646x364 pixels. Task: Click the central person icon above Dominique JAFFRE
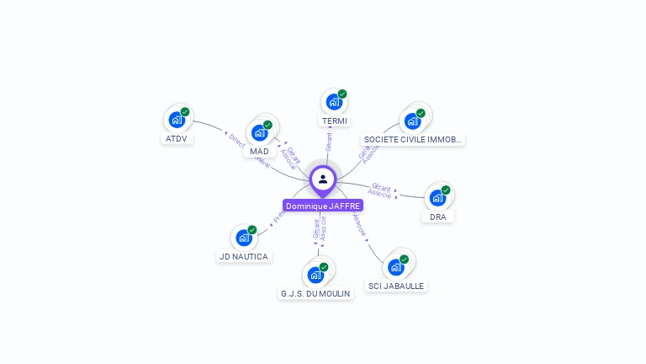click(323, 179)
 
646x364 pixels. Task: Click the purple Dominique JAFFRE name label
click(323, 206)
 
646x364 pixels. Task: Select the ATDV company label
click(177, 138)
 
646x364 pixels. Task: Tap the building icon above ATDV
click(177, 120)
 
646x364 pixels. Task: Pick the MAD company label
click(259, 151)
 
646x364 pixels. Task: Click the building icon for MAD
click(259, 132)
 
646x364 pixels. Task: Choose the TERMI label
click(335, 121)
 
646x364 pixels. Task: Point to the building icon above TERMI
click(334, 103)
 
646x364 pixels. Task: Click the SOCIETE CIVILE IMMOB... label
click(412, 139)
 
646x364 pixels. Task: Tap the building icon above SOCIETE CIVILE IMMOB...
click(412, 120)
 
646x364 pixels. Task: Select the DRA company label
click(437, 217)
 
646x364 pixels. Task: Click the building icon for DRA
click(437, 198)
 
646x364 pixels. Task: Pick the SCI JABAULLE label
click(396, 286)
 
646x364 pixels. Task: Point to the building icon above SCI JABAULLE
click(395, 267)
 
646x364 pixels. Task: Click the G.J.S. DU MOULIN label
click(315, 293)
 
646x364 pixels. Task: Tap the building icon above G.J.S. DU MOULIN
click(315, 275)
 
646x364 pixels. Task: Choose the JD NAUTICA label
click(243, 256)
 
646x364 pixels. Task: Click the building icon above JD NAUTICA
click(243, 238)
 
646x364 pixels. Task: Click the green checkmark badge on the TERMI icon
click(342, 94)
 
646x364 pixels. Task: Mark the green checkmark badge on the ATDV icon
click(185, 112)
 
